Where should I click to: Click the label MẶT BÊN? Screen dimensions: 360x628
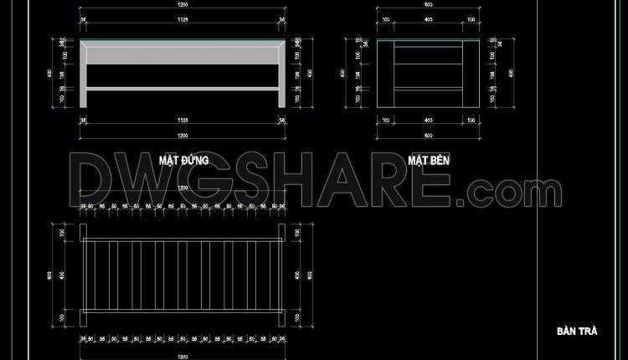[428, 158]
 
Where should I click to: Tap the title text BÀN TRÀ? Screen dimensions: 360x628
[576, 331]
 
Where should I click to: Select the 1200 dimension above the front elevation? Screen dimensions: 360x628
[183, 7]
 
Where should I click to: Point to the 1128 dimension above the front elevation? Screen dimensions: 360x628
[183, 21]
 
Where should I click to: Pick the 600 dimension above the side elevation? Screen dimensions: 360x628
[428, 7]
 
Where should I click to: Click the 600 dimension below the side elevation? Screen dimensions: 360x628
[428, 136]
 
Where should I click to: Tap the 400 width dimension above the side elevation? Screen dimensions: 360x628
[428, 21]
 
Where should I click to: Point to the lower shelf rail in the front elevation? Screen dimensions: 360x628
[183, 87]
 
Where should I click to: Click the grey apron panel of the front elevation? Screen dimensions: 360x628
[183, 55]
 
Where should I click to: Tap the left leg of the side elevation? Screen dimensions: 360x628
[386, 75]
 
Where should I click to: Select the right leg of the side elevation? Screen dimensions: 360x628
[470, 75]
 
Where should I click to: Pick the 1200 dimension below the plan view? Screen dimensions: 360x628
[183, 355]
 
